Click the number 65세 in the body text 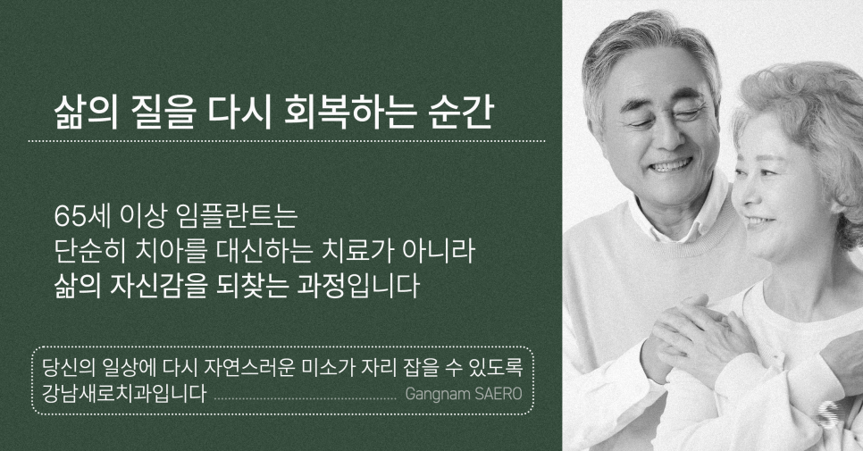(x=80, y=217)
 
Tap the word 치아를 (x=175, y=253)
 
